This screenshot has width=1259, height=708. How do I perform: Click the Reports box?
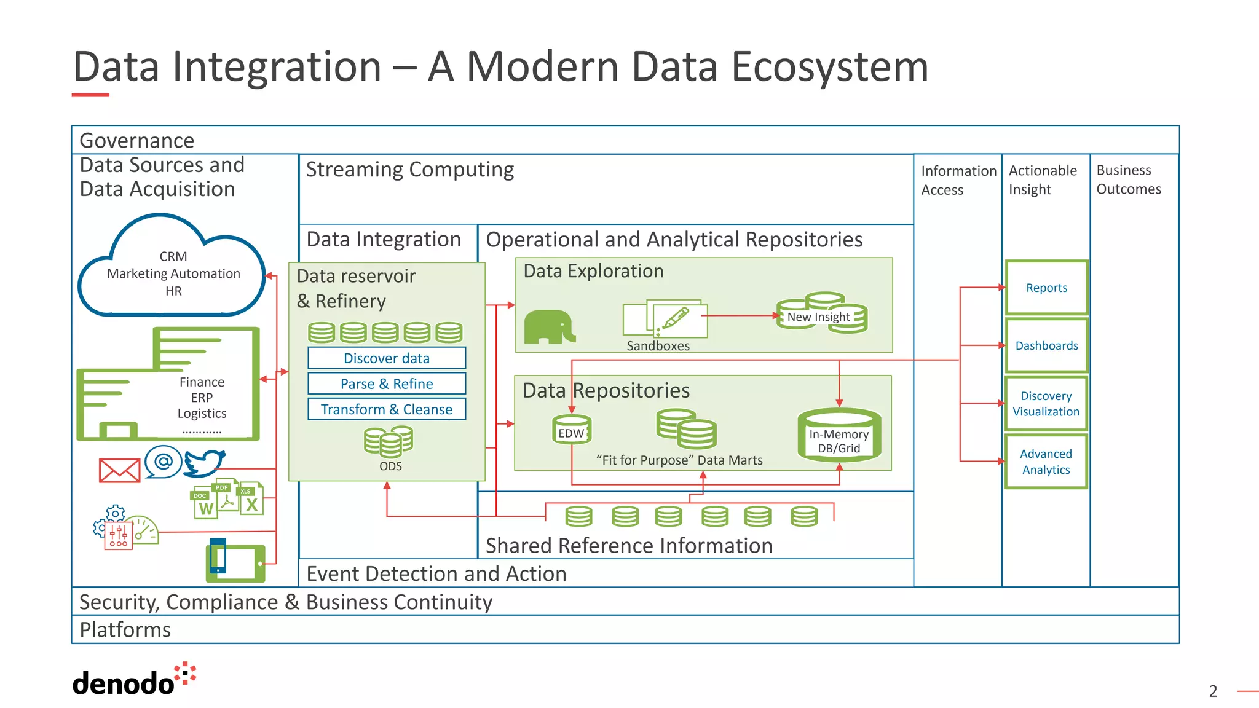click(1046, 288)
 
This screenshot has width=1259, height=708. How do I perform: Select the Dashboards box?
click(1046, 345)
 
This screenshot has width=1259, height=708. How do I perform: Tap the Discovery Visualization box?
click(1046, 404)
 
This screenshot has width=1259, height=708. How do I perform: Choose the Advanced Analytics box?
click(1046, 462)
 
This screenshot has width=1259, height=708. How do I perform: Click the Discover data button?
click(387, 358)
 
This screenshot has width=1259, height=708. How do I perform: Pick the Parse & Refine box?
click(387, 384)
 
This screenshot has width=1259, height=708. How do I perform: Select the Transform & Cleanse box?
click(387, 409)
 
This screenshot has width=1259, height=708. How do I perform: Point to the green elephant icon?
click(549, 327)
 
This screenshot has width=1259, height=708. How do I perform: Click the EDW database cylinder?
click(572, 430)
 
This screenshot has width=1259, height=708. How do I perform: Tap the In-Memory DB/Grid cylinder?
click(839, 436)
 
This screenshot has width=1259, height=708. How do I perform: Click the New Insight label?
click(818, 317)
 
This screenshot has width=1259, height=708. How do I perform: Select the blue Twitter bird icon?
click(204, 463)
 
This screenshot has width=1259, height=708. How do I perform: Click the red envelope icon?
click(120, 471)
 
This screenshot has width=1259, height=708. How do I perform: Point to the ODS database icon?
click(389, 441)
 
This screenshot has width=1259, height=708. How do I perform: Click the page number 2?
click(1213, 691)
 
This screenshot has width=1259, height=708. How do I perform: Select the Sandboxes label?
click(658, 346)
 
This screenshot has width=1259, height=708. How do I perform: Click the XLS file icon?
click(251, 500)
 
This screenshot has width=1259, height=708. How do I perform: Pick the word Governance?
click(137, 141)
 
